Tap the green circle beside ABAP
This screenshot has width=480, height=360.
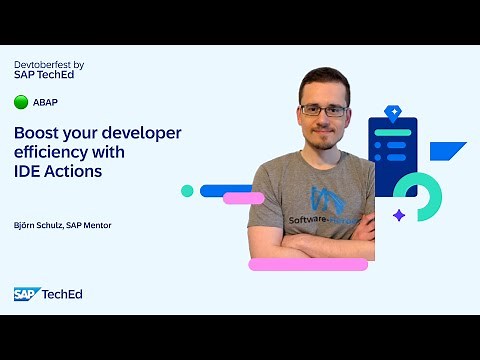click(x=21, y=102)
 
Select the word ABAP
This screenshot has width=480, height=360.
click(x=45, y=102)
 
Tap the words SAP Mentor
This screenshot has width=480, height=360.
click(x=89, y=225)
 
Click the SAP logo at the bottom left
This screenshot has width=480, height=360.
click(x=25, y=293)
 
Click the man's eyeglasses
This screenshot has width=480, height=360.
click(x=323, y=110)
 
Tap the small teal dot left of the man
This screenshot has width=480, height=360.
click(x=187, y=191)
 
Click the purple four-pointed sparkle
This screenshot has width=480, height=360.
click(x=399, y=215)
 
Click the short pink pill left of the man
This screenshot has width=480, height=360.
click(x=242, y=198)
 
